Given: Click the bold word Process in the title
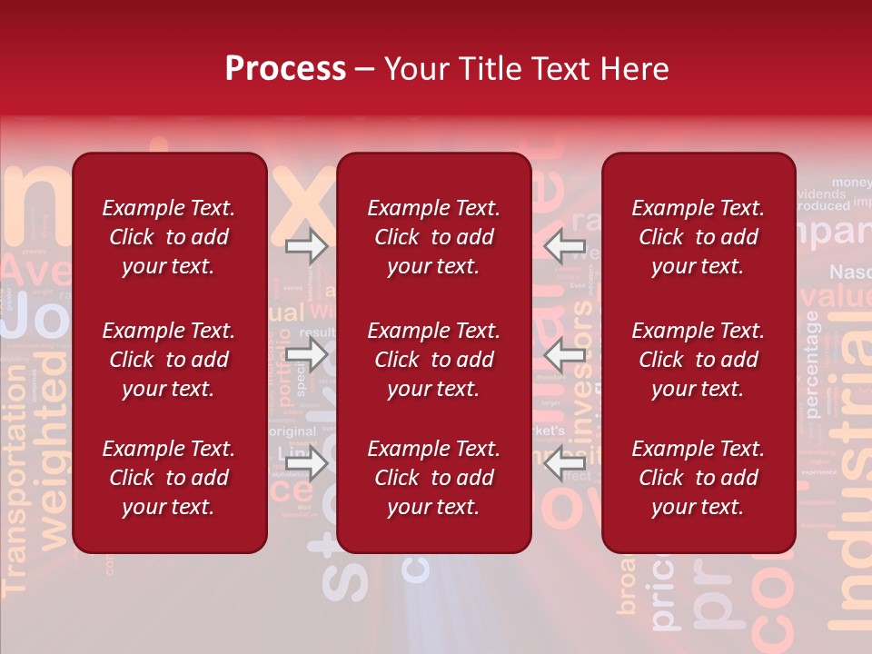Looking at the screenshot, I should tap(285, 69).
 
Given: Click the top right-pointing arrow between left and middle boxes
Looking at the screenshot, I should tap(306, 246).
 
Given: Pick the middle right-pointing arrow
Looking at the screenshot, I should tap(306, 355).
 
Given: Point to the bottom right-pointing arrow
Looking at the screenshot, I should tap(306, 463).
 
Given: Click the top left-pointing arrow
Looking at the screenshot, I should tap(564, 246).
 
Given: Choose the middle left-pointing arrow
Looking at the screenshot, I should tap(564, 355).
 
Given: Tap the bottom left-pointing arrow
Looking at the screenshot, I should tap(564, 463).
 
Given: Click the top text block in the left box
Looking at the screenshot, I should tap(169, 237).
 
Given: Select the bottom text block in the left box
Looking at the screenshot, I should tap(169, 478).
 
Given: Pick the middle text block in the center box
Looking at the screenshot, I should tap(433, 360).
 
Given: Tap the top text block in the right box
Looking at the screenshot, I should tap(698, 237).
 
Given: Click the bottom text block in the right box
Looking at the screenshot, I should tap(698, 478).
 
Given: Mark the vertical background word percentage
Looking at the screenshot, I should tap(812, 364).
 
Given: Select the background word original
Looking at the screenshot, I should tap(292, 431).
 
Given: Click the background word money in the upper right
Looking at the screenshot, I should tap(851, 183).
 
